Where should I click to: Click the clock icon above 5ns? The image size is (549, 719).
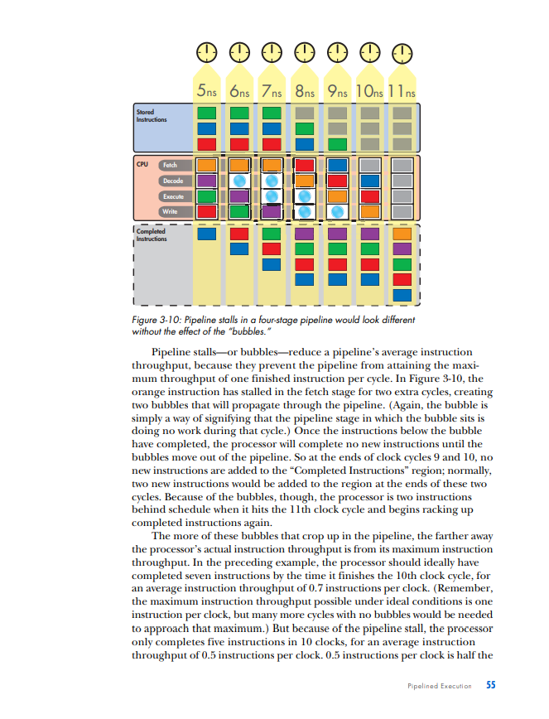(x=207, y=52)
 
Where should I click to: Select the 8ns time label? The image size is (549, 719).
(x=305, y=89)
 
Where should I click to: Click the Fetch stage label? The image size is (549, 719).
(x=171, y=166)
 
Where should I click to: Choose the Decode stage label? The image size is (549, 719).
(x=172, y=181)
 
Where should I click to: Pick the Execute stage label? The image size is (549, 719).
(x=172, y=196)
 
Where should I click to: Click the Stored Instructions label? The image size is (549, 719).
(x=151, y=115)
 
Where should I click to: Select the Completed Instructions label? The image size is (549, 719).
(x=151, y=235)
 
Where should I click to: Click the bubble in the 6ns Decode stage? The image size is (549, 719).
(x=239, y=181)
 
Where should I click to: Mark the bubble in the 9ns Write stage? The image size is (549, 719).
(x=337, y=211)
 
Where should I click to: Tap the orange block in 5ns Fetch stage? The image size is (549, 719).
(x=207, y=166)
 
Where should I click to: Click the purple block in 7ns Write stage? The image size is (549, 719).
(x=272, y=211)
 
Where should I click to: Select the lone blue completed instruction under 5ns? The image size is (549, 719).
(x=207, y=234)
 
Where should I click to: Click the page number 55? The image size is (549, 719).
(x=491, y=685)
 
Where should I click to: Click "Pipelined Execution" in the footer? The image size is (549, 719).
(x=439, y=686)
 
